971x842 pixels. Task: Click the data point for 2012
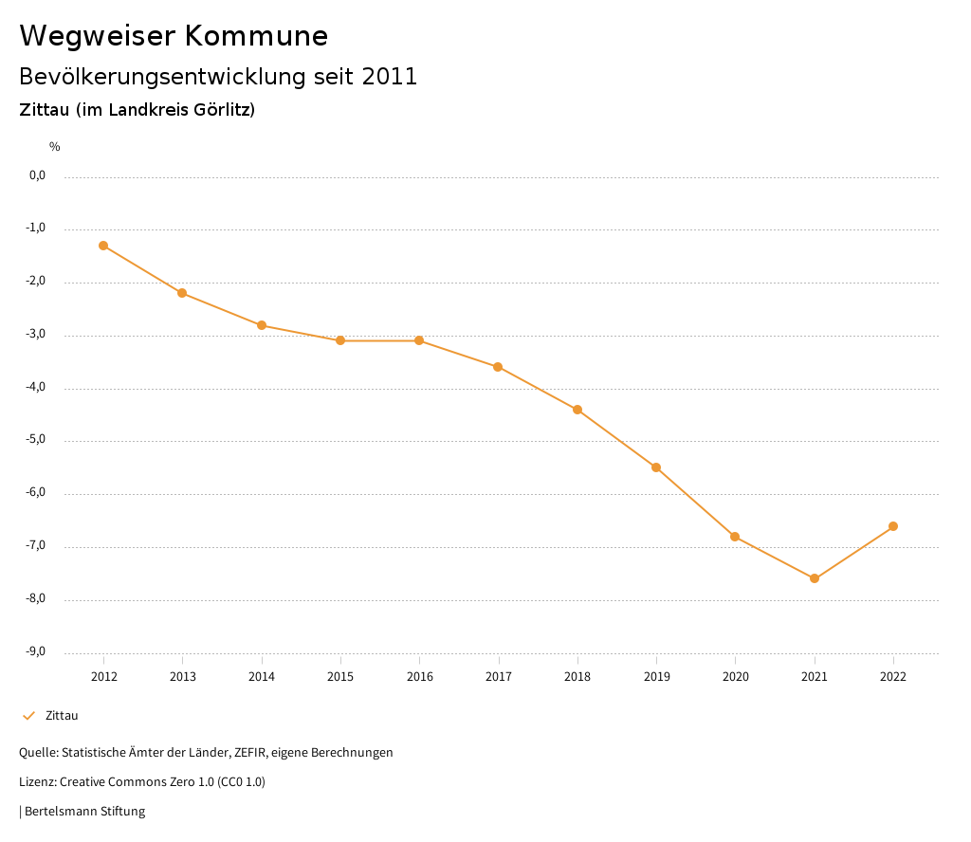[103, 246]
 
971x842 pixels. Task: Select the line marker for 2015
[340, 340]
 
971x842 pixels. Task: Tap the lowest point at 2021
[815, 578]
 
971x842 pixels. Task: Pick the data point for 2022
[893, 526]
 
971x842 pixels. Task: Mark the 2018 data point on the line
[577, 410]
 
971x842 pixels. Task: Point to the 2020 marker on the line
[735, 537]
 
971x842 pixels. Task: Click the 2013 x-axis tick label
[183, 676]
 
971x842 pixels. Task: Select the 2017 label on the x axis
[499, 676]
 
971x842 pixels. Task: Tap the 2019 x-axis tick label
[656, 676]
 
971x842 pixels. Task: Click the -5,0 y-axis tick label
[36, 440]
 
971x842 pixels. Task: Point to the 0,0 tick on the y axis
[37, 175]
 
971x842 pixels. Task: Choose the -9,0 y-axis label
[36, 651]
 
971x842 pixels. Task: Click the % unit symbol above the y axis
[55, 147]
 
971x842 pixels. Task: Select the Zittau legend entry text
[62, 716]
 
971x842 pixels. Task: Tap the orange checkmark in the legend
[28, 716]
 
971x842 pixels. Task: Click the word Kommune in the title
[256, 36]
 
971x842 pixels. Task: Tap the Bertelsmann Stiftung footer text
[84, 812]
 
